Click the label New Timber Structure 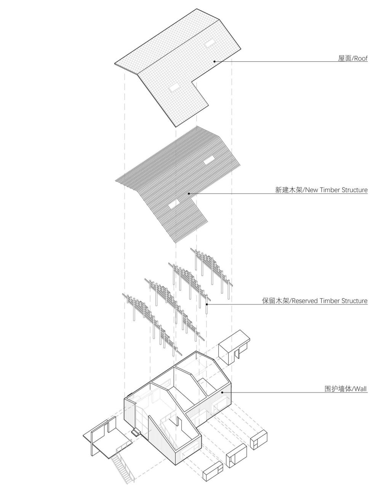click(335, 190)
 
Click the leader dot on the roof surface click(215, 61)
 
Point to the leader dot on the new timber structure click(189, 194)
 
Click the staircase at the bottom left click(122, 467)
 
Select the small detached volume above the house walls click(233, 346)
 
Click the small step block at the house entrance click(135, 433)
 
